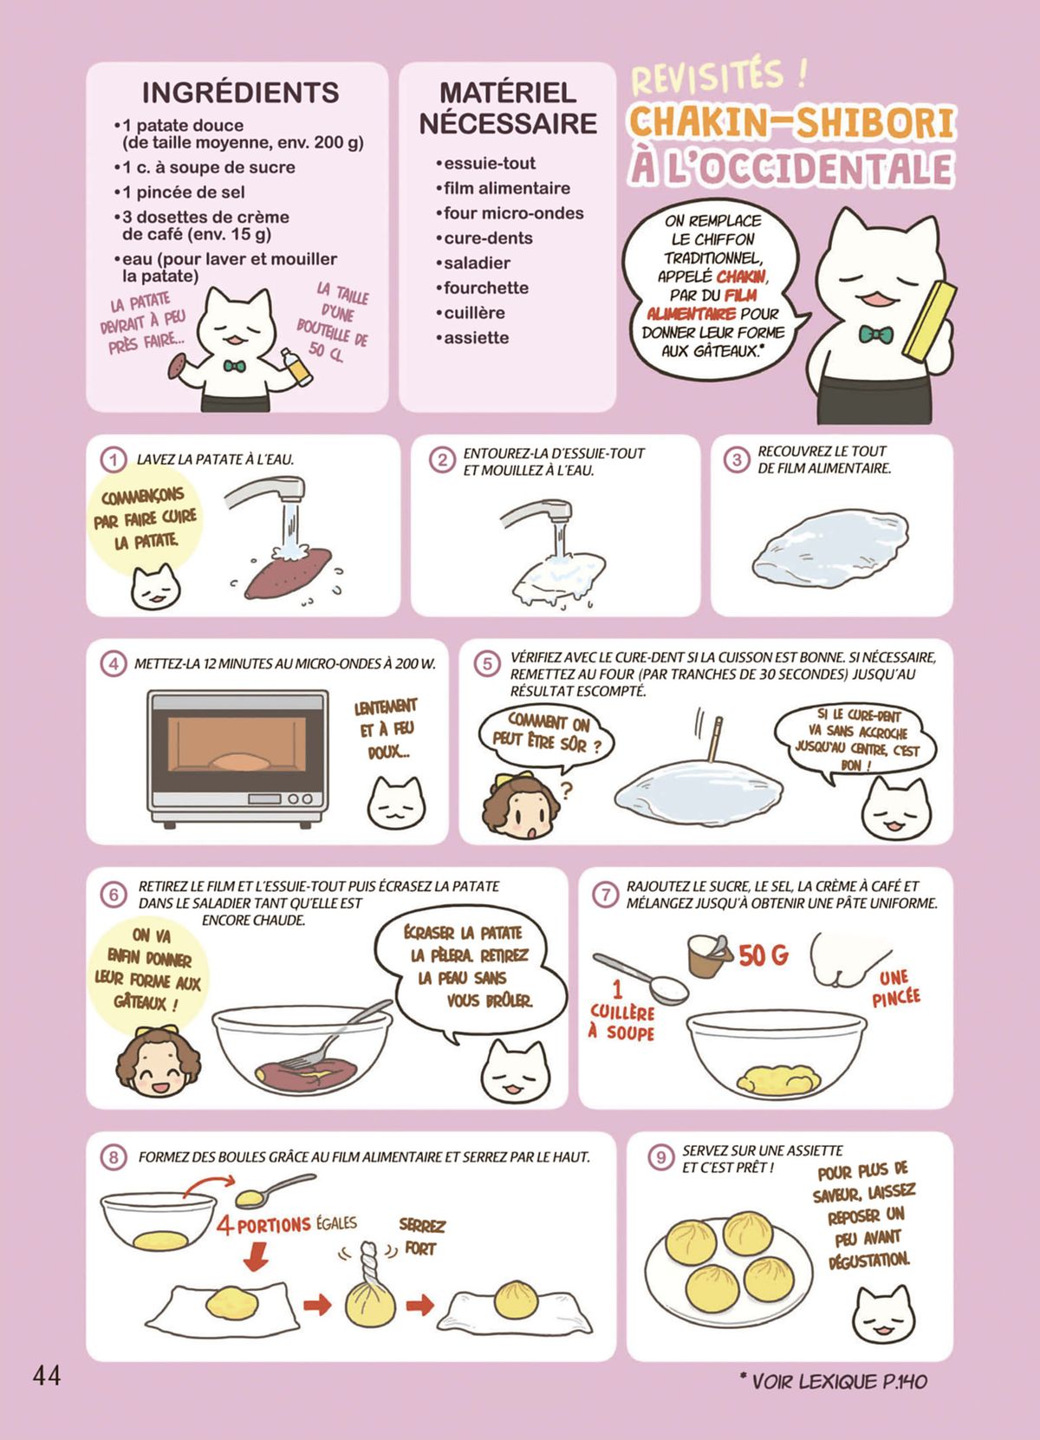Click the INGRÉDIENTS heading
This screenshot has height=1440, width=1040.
[x=240, y=93]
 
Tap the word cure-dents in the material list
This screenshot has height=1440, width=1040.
[x=488, y=238]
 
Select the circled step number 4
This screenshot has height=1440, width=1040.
[x=114, y=664]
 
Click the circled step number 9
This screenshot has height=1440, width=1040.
[x=660, y=1157]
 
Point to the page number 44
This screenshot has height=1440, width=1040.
[x=46, y=1375]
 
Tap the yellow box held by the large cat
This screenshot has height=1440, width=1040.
[x=929, y=321]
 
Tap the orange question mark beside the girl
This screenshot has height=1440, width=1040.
[x=566, y=790]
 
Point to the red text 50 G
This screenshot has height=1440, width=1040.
[x=764, y=956]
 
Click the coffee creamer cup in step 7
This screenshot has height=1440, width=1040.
[x=710, y=956]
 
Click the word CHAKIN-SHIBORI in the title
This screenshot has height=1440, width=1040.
[x=792, y=123]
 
